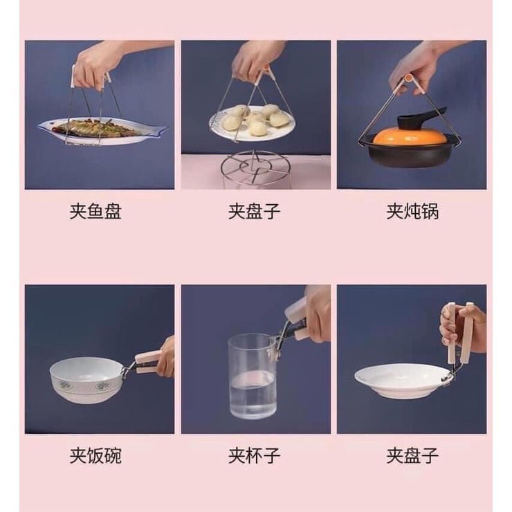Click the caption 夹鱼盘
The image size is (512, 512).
[x=95, y=211]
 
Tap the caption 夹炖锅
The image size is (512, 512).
[x=412, y=211]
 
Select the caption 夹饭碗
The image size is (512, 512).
[x=95, y=455]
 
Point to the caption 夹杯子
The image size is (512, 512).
[x=254, y=455]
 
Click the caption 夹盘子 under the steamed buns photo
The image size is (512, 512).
[x=254, y=211]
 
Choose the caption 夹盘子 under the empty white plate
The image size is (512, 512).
[x=412, y=455]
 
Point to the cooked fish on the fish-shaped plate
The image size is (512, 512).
[x=94, y=128]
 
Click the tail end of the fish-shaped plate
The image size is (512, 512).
[x=160, y=128]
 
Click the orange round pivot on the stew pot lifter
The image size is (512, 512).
[x=408, y=78]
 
